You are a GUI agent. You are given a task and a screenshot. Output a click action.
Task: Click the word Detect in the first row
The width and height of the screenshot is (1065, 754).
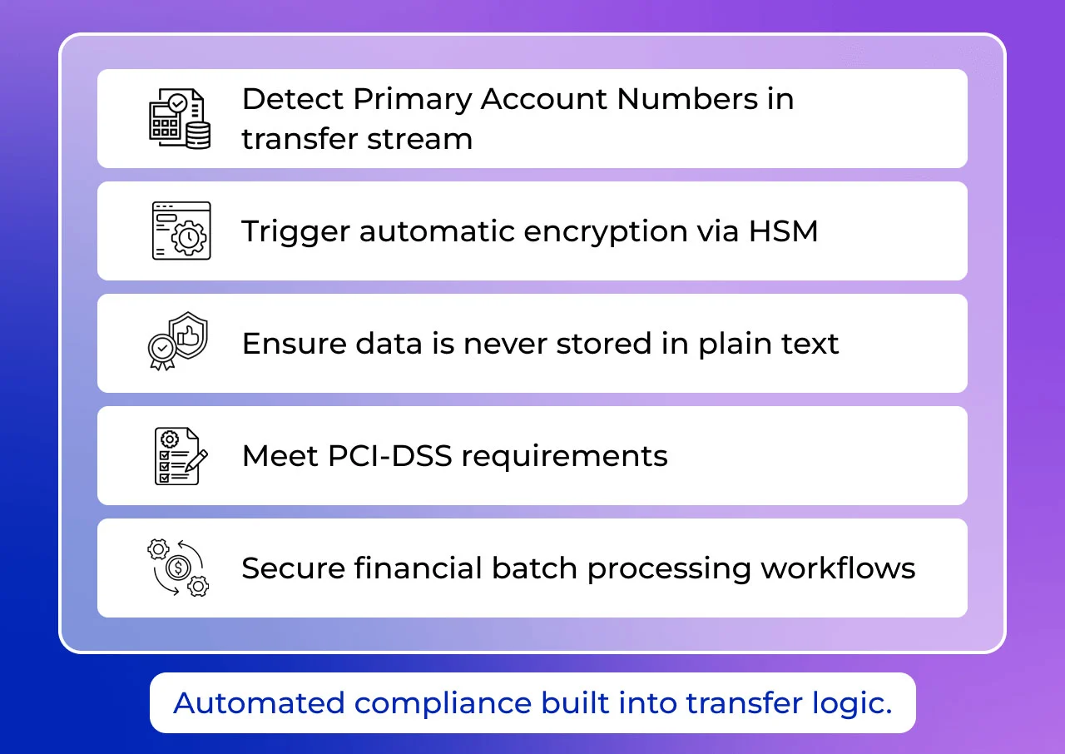click(x=292, y=99)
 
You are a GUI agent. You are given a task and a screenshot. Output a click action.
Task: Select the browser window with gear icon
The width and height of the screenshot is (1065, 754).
click(x=181, y=231)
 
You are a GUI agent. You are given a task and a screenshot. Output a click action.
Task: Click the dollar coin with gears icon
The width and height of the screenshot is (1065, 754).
click(x=178, y=568)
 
